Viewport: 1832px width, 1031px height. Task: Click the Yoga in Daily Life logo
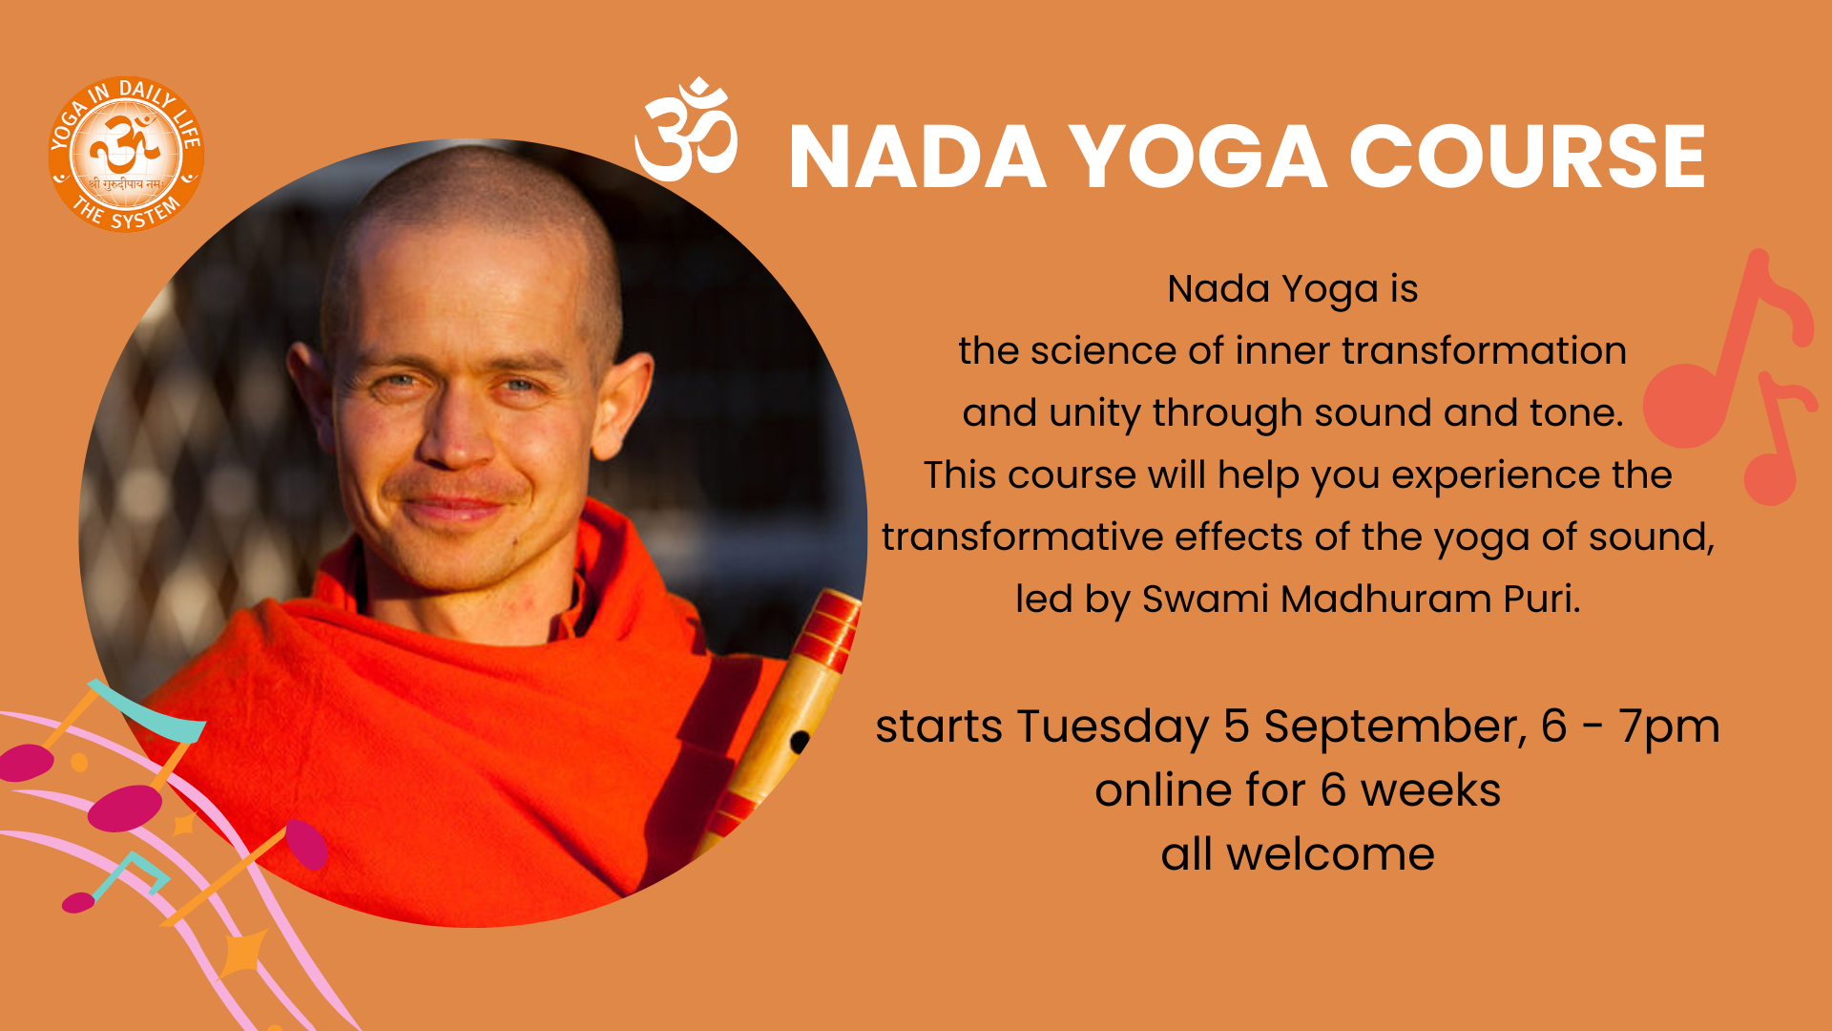[x=126, y=154]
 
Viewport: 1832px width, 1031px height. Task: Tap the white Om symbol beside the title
[x=686, y=130]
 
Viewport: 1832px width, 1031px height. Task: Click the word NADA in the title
[x=918, y=158]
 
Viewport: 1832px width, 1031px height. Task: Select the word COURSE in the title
[x=1527, y=158]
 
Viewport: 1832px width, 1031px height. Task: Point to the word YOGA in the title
[x=1197, y=158]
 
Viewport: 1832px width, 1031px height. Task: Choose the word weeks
[x=1430, y=790]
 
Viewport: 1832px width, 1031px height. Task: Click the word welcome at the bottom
[x=1330, y=853]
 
